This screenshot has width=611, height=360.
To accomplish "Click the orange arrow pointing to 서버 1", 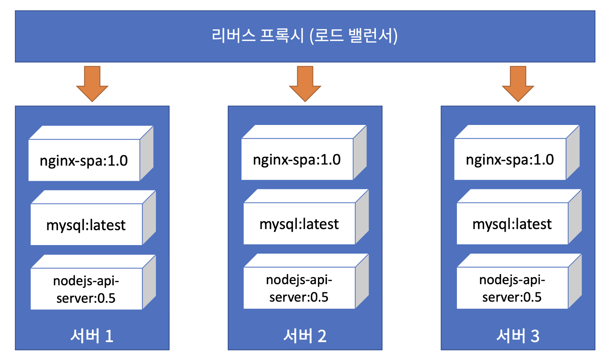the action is [x=92, y=84].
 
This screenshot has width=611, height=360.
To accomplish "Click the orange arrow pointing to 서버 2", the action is [x=305, y=84].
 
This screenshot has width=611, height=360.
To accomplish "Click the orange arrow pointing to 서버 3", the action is [x=518, y=84].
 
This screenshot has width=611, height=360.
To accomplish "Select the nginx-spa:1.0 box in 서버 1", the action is [x=91, y=154].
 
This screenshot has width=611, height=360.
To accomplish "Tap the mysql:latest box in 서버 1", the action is [x=93, y=218].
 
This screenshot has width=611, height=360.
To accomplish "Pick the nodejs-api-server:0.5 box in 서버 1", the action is [x=93, y=282].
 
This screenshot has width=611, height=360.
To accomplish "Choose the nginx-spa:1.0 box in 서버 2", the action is [x=304, y=152].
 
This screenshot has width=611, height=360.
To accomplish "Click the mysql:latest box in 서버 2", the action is [x=306, y=217].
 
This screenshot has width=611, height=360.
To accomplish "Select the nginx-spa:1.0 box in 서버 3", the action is [x=517, y=152].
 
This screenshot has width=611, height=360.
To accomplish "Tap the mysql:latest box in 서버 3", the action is [x=519, y=217].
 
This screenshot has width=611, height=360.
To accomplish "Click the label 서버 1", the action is [x=92, y=336].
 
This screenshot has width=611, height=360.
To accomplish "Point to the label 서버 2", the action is [x=305, y=336].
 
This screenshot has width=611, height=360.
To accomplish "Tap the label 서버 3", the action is [x=518, y=336].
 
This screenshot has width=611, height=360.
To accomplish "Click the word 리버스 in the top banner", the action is [x=234, y=35].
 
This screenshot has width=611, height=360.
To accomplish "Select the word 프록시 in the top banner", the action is [x=282, y=35].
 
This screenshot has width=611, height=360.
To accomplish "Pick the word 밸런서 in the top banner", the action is [x=371, y=35].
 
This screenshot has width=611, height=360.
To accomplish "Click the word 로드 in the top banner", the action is [x=329, y=35].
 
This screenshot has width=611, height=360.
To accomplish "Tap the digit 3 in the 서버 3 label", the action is [x=535, y=336].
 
